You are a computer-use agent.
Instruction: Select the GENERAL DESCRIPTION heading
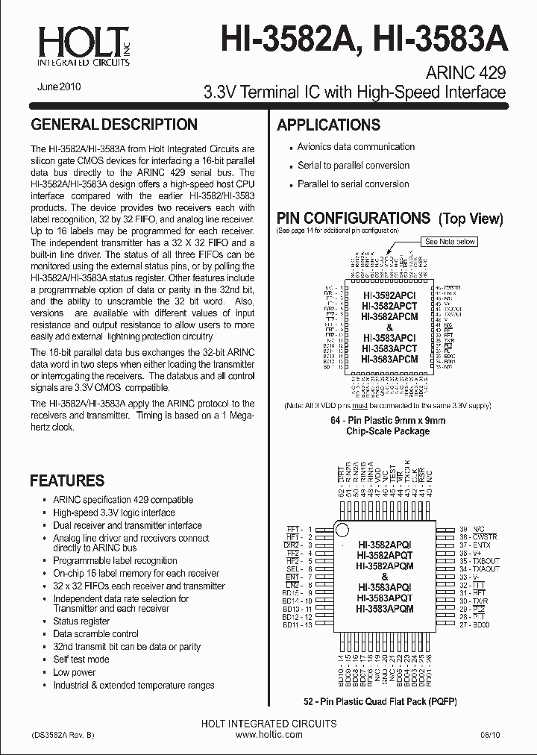(x=113, y=125)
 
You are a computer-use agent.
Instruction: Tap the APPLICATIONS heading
(x=328, y=125)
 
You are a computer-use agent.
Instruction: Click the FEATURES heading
(x=66, y=480)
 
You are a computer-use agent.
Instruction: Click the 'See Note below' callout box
(x=450, y=242)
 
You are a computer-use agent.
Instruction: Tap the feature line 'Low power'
(x=74, y=672)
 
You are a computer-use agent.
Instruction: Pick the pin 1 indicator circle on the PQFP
(x=342, y=530)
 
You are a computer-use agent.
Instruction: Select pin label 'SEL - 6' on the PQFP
(x=298, y=568)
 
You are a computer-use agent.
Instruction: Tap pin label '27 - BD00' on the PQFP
(x=475, y=624)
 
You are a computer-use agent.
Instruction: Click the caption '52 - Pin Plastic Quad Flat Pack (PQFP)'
(x=381, y=702)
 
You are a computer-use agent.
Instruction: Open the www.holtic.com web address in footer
(x=268, y=735)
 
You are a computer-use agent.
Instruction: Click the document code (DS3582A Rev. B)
(x=63, y=735)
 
